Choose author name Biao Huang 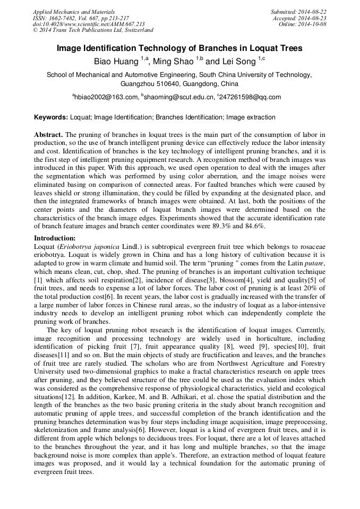(116, 62)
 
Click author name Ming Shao (173, 62)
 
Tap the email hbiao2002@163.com (106, 97)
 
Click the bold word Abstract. (48, 136)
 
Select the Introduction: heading (55, 238)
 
